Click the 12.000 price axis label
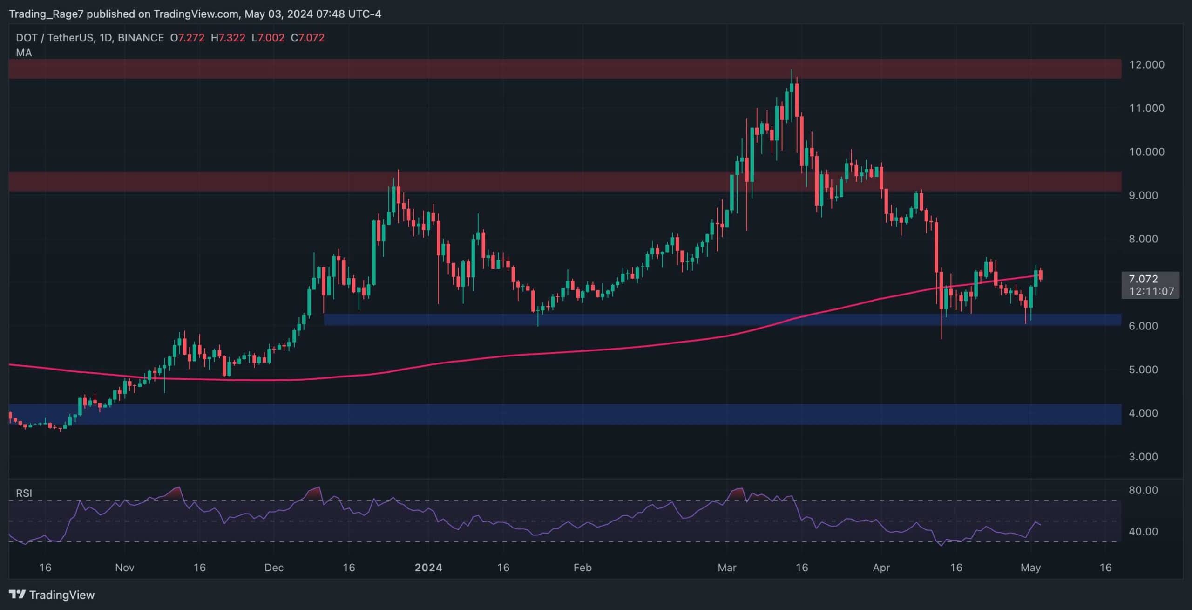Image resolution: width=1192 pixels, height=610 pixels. [1146, 65]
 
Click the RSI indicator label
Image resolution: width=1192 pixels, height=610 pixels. [24, 493]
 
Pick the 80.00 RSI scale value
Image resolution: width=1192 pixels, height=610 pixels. [1143, 490]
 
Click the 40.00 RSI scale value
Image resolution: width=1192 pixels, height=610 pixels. [1143, 532]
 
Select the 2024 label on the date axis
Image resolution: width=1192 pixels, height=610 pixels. [428, 568]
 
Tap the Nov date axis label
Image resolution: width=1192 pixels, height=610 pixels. [124, 568]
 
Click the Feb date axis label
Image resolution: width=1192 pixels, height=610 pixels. [582, 568]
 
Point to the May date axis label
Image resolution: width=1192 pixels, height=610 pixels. [1030, 568]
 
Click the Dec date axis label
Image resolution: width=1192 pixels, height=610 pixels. [274, 568]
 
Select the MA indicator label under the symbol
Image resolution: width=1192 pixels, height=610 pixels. [24, 53]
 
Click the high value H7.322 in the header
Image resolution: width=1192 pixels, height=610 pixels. [228, 38]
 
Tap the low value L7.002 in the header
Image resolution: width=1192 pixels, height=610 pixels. [268, 38]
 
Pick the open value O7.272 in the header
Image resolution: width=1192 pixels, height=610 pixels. [187, 38]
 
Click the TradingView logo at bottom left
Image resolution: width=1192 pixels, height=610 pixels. [52, 595]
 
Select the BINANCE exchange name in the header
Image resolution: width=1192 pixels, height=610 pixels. [141, 38]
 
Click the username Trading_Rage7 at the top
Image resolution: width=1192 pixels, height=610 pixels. [46, 14]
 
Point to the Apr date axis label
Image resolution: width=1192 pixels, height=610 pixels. [881, 568]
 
